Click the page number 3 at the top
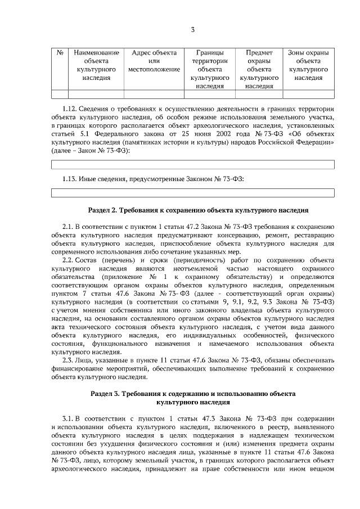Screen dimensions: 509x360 (x=193, y=29)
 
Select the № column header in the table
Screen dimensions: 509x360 (x=60, y=52)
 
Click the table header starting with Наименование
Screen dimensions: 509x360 (x=96, y=65)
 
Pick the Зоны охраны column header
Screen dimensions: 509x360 (x=309, y=65)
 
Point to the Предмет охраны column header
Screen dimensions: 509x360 (x=259, y=69)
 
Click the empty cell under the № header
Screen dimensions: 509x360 (x=60, y=94)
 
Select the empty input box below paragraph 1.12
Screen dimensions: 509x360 (x=193, y=164)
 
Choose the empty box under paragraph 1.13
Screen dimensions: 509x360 (x=193, y=193)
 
